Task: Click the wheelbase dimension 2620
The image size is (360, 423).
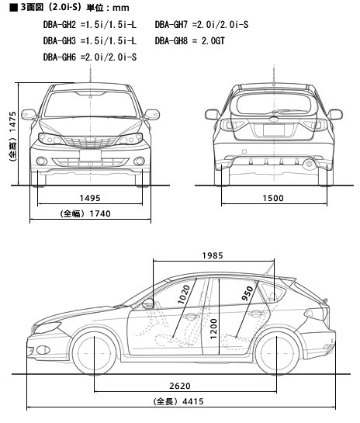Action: pos(180,386)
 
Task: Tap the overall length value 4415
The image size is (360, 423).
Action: pos(193,401)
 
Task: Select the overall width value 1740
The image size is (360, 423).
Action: pos(100,213)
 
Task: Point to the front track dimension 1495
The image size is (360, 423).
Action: pos(90,198)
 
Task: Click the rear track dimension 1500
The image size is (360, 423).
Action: pos(273,198)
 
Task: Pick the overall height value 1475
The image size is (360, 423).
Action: pos(12,122)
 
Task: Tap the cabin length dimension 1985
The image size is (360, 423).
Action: pos(213,255)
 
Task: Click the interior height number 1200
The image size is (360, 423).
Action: pos(213,329)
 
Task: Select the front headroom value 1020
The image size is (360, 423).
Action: pos(184,295)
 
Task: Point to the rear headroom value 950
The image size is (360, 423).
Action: pos(247,293)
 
